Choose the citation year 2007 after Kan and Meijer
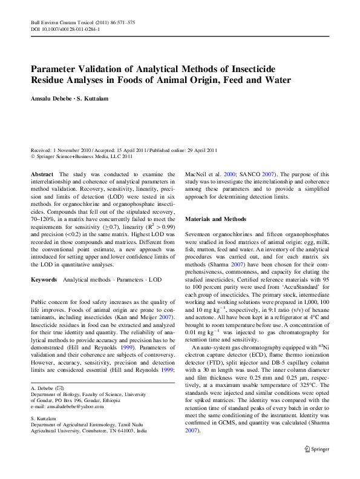(165, 300)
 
